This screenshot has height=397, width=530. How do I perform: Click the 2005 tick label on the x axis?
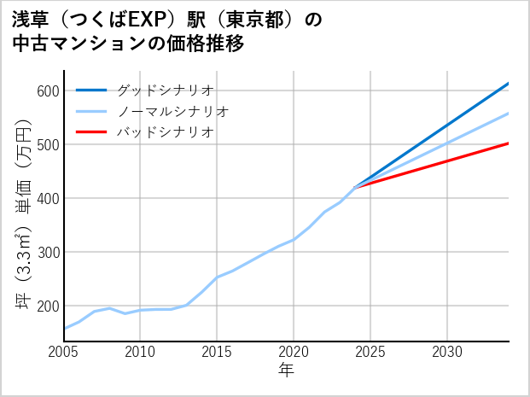(64, 352)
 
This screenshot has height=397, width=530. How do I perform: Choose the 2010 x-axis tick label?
(140, 352)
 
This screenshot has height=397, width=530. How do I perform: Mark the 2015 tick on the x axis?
(217, 352)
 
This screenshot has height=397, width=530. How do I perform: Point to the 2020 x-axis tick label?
(294, 352)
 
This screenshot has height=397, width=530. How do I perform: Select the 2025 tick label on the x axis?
(370, 352)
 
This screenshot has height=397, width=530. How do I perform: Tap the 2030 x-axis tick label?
(447, 352)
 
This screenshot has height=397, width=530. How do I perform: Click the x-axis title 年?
(286, 371)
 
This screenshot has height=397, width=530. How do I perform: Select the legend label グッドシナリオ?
(164, 90)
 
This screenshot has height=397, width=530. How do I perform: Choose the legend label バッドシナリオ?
(164, 132)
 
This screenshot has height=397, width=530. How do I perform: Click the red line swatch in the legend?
(91, 132)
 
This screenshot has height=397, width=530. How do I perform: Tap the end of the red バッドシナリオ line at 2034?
(509, 143)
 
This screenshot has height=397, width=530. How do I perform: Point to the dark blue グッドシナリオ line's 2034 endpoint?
(509, 84)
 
